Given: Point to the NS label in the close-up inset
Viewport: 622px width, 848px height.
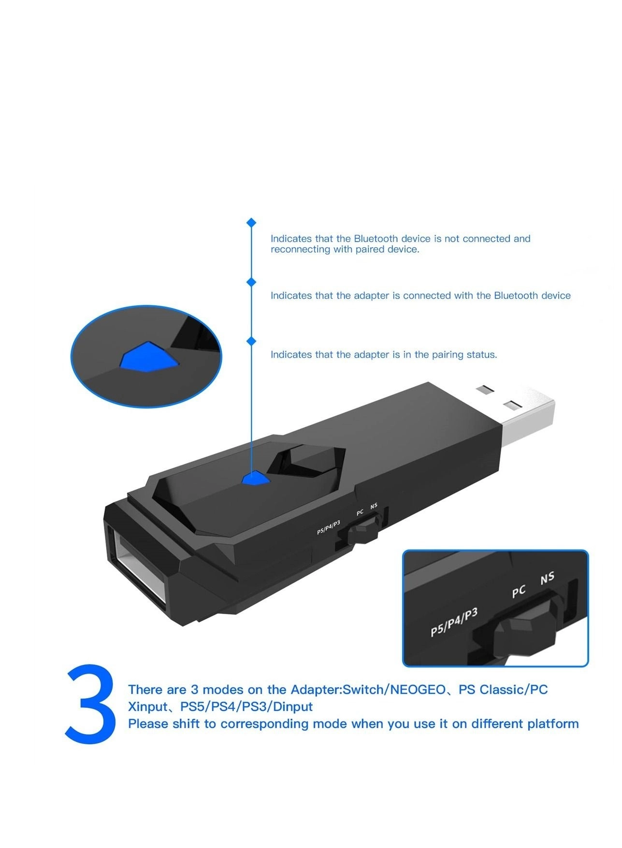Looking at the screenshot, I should [547, 578].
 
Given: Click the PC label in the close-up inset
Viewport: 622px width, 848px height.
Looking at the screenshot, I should [519, 591].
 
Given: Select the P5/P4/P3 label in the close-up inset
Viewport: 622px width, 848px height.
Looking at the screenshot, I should [454, 622].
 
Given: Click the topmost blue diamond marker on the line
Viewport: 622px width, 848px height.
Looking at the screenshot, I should [251, 223].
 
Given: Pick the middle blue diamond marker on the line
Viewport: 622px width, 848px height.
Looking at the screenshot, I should [251, 282].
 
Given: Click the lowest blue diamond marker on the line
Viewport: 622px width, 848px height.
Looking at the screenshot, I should [251, 341].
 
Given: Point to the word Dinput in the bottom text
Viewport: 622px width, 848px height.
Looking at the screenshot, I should [292, 707].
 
